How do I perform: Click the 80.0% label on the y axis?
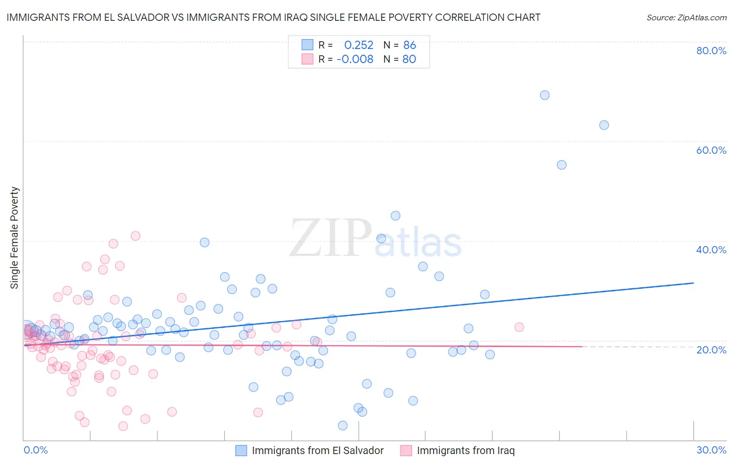pos(711,51)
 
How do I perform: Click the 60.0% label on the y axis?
pos(711,150)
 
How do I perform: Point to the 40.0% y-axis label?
pos(711,250)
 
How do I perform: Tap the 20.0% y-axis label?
pos(711,349)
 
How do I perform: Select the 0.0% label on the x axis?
pos(35,450)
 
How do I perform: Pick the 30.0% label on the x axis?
pos(711,450)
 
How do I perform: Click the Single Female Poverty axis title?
pos(15,238)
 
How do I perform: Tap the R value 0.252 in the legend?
pos(359,45)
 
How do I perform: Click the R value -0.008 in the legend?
pos(355,59)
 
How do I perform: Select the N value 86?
pos(410,45)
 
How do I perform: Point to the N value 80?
pos(409,59)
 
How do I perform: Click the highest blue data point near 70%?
pos(545,95)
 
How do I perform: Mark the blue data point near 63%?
pos(604,125)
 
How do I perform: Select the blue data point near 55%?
pos(561,165)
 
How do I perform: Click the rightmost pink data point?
pos(519,327)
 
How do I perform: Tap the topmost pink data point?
pos(136,236)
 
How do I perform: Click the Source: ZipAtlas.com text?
pos(686,18)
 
